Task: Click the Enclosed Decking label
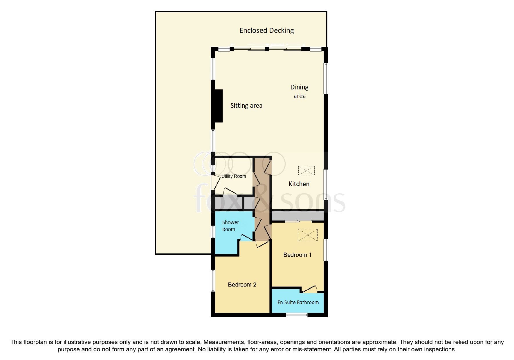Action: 266,30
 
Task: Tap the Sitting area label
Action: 246,106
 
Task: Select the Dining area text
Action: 299,91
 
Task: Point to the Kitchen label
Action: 299,184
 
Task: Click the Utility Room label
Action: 233,176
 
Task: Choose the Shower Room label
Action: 230,226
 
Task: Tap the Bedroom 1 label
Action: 297,255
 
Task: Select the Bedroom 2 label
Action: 242,285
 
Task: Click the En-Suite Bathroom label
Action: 298,302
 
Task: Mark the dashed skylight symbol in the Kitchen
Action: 306,170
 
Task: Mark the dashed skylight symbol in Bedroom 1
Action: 307,235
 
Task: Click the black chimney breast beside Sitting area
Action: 219,106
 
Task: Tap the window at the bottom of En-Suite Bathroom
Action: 297,315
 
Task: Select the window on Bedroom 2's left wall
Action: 213,280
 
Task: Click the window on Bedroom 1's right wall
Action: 326,250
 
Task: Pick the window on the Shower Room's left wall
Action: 213,232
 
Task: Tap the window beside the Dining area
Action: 326,78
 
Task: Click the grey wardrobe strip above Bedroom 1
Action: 297,216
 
